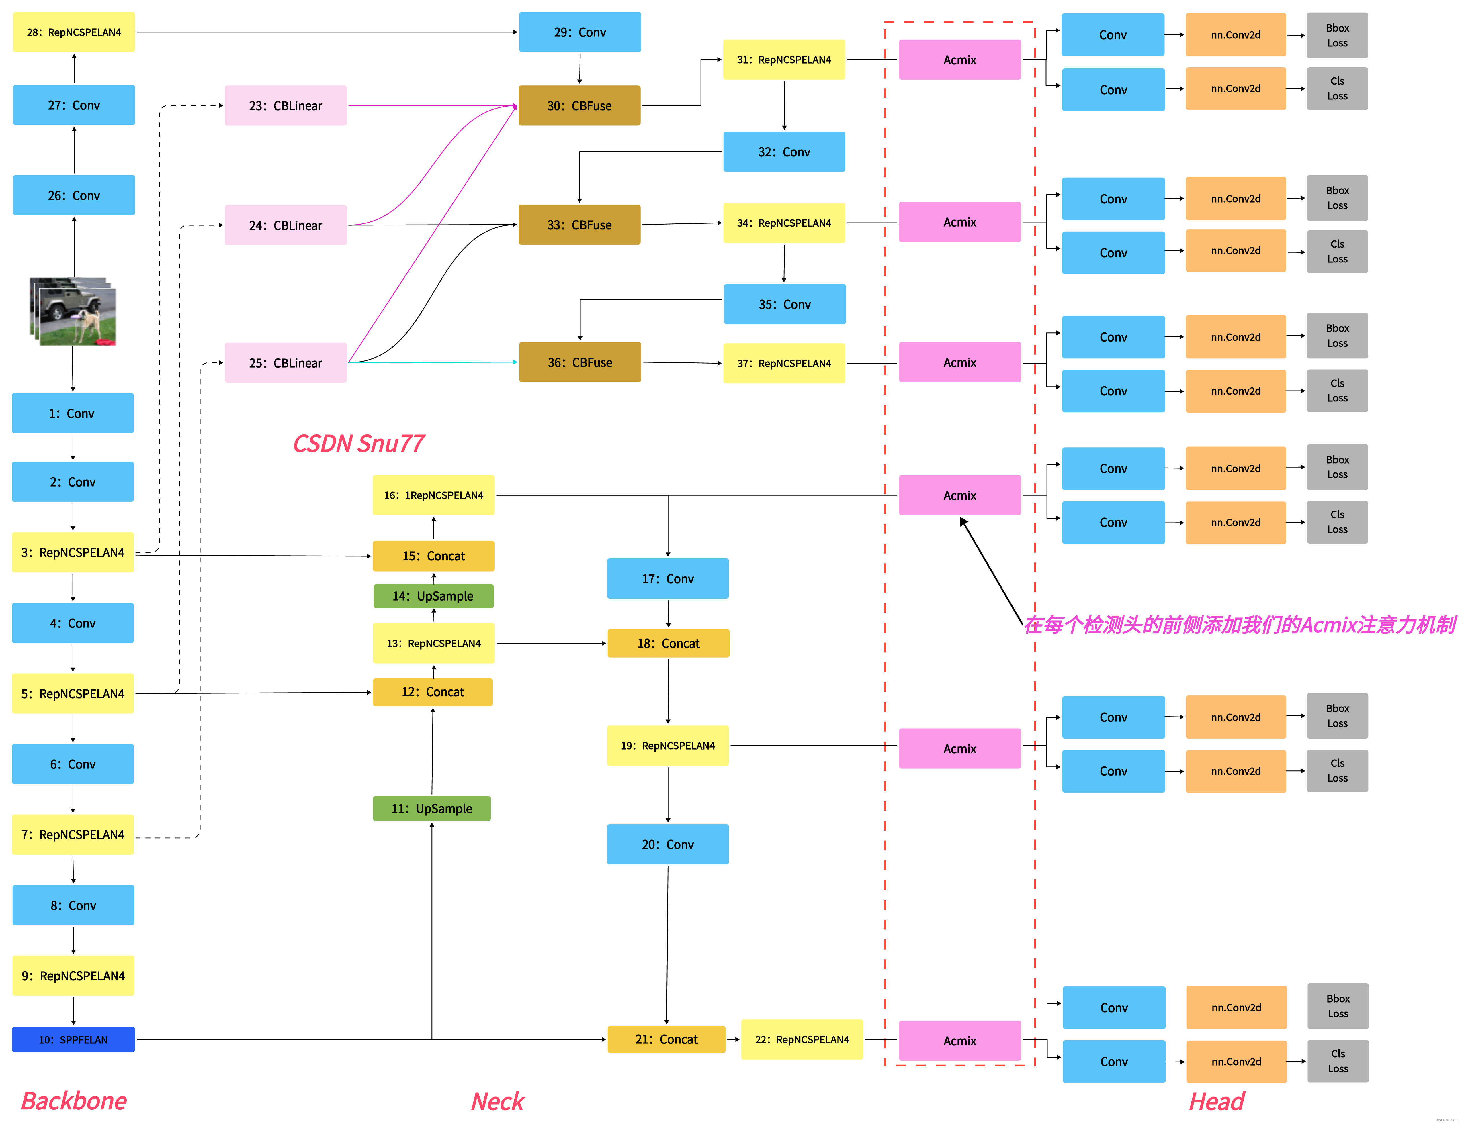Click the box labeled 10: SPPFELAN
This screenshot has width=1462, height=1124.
pyautogui.click(x=74, y=1039)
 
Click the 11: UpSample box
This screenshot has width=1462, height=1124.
pyautogui.click(x=432, y=808)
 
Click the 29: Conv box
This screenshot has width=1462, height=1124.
pyautogui.click(x=580, y=32)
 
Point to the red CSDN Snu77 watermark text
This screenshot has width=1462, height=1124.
pyautogui.click(x=358, y=443)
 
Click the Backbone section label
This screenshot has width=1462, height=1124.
pyautogui.click(x=74, y=1101)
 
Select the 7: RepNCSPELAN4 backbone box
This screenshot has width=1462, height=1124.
pyautogui.click(x=73, y=834)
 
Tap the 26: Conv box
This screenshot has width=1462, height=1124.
pyautogui.click(x=74, y=195)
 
